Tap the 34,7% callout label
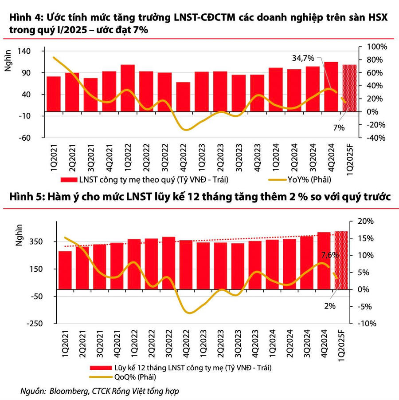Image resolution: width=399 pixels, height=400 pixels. (x=303, y=58)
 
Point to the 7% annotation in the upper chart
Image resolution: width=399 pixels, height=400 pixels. (x=339, y=127)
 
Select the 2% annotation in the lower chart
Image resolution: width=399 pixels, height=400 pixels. (x=329, y=306)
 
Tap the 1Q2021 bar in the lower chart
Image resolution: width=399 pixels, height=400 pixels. (x=65, y=273)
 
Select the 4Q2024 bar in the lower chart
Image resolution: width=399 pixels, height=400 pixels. (x=324, y=264)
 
